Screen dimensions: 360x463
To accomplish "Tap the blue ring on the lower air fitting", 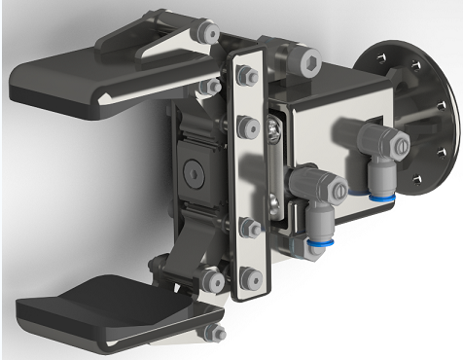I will click(x=324, y=240).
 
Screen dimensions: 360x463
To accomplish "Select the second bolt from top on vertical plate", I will click(x=246, y=126).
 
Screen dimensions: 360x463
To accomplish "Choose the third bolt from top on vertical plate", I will click(x=249, y=228).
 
